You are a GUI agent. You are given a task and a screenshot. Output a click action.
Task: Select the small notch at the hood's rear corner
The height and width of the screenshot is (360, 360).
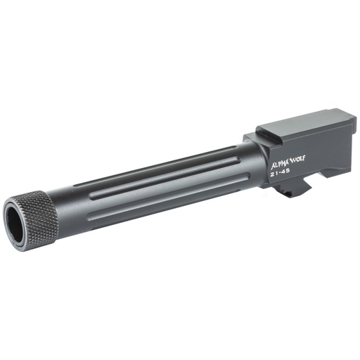click(x=345, y=113)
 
